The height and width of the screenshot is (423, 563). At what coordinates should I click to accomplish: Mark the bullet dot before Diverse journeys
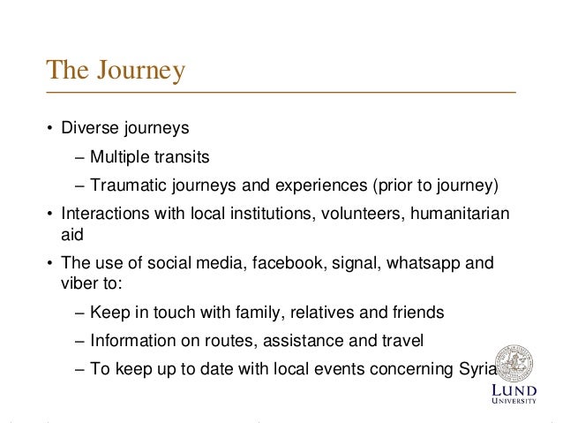(50, 129)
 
